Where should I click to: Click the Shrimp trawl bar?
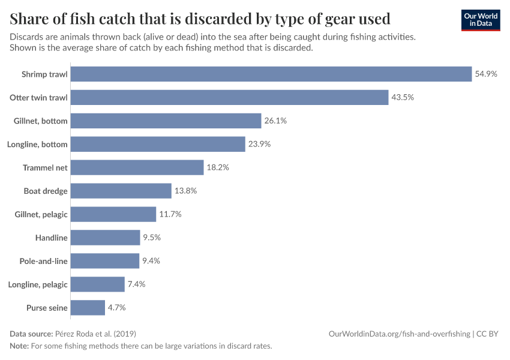tap(271, 74)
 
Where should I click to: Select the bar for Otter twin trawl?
tap(229, 97)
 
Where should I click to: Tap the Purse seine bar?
tap(88, 307)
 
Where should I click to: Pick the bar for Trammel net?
tap(137, 167)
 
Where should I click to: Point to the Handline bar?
tap(105, 238)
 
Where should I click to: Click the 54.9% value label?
tap(486, 74)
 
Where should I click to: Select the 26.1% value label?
tap(275, 121)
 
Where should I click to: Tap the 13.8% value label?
tap(186, 191)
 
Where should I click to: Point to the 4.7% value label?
tap(117, 307)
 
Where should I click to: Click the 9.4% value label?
tap(151, 261)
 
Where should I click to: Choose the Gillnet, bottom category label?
tap(41, 121)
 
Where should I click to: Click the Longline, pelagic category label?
tap(38, 284)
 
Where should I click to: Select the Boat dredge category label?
tap(46, 191)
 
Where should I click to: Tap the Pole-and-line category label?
tap(44, 261)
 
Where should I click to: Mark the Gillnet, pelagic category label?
tap(41, 215)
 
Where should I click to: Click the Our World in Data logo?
tap(481, 20)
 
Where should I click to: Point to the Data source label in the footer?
tap(31, 334)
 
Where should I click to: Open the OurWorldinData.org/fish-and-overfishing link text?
tap(400, 334)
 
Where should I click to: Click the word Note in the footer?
tap(19, 346)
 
